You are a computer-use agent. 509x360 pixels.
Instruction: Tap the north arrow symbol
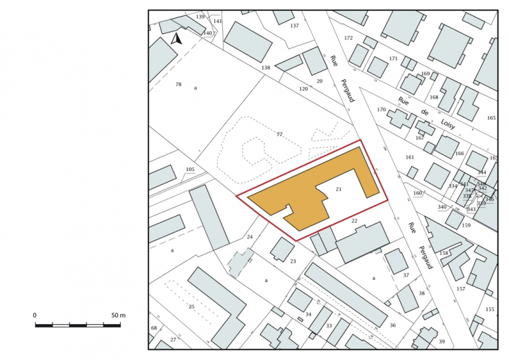point(177,39)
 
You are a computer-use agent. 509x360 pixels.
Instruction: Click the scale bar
point(79,325)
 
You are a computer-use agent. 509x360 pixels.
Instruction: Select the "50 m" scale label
point(117,315)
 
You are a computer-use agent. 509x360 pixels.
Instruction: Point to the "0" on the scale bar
point(35,315)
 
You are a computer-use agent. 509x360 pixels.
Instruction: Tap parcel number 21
point(339,189)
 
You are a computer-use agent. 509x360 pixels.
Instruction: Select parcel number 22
point(355,221)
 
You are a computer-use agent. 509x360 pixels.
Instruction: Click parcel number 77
point(279,134)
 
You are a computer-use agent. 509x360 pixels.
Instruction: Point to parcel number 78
point(178,84)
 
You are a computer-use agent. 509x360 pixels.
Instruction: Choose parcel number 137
point(295,26)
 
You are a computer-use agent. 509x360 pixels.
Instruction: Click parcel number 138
point(266,68)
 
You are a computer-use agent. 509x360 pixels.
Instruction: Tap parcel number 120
point(303,89)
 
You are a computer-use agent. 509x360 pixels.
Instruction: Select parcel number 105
point(190,170)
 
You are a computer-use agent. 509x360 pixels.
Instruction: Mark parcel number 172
point(348,38)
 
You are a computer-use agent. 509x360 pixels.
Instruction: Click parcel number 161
point(409,157)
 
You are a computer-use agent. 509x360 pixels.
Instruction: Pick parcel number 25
point(192,306)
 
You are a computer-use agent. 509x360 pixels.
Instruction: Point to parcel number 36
point(392,325)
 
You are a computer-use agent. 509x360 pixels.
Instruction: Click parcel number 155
point(490,310)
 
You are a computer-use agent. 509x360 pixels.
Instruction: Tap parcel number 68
point(154,328)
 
